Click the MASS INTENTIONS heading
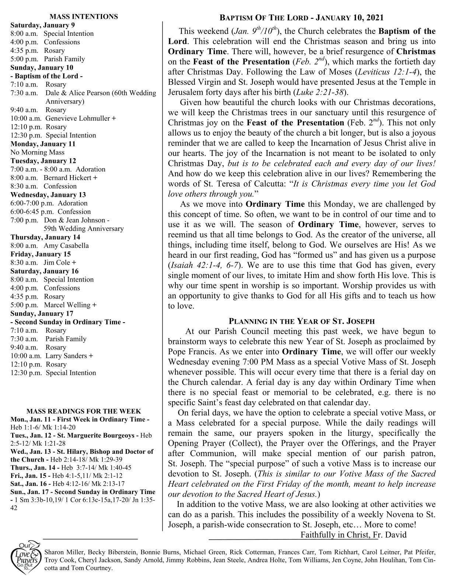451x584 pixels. (84, 17)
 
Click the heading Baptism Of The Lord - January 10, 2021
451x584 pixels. (301, 18)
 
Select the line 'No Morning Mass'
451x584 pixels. (37, 152)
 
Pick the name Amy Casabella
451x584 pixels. (66, 246)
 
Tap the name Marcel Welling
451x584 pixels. (67, 305)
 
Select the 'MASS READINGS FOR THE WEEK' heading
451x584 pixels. (84, 411)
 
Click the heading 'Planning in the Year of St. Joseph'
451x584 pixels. (301, 321)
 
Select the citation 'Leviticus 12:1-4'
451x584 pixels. (385, 72)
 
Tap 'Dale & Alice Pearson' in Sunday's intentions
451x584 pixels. (77, 93)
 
